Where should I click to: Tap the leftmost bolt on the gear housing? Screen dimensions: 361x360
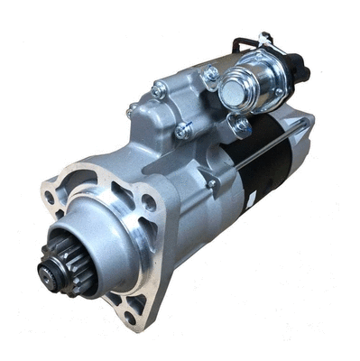[132, 111]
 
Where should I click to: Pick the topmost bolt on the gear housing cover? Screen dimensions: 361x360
[159, 90]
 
